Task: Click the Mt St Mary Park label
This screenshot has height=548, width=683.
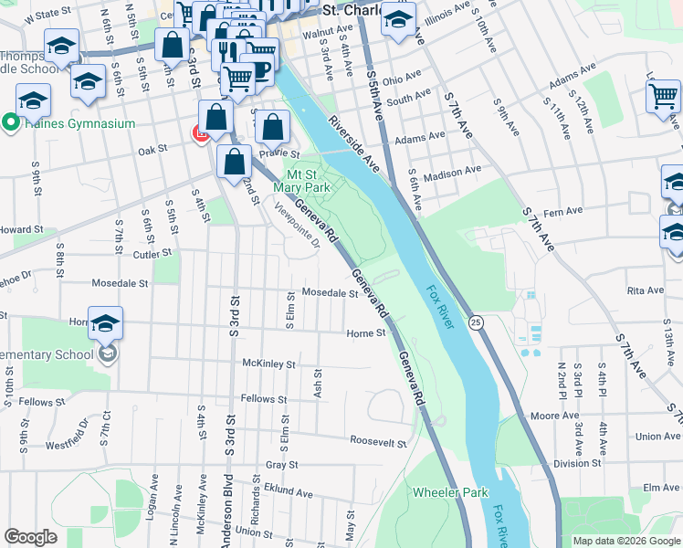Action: pos(308,181)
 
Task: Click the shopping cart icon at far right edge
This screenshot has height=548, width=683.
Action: pos(663,96)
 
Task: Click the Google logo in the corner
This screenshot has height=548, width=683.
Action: pos(31,536)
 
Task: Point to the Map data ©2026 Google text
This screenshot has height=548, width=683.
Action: pos(625,541)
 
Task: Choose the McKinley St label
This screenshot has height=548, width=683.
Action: pos(268,364)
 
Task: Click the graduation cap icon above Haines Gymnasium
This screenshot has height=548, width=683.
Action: pos(33,100)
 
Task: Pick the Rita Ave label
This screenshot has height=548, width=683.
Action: pos(645,290)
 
